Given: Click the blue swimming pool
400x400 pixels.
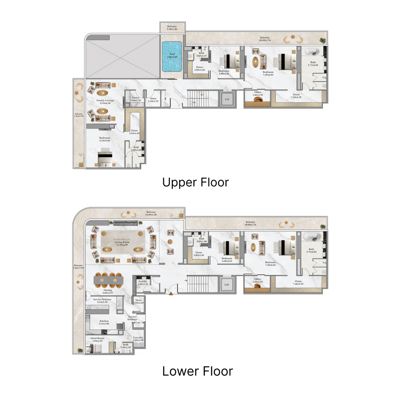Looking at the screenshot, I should click(172, 57).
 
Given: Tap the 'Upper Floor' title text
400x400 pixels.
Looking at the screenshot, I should click(196, 182).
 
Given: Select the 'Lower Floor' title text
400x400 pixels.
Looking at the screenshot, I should click(197, 371).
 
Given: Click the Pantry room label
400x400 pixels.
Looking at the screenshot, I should click(136, 98).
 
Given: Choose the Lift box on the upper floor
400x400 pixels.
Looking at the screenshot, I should click(227, 99).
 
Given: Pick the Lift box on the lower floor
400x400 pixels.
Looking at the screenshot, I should click(227, 285).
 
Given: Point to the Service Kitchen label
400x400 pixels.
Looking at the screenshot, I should click(102, 300).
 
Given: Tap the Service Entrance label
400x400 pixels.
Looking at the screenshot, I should click(132, 318).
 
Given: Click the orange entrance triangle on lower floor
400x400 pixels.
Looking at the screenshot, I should click(171, 294).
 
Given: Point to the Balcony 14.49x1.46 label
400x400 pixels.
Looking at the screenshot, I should click(151, 213).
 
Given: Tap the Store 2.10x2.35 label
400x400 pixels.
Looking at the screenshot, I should click(154, 100).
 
